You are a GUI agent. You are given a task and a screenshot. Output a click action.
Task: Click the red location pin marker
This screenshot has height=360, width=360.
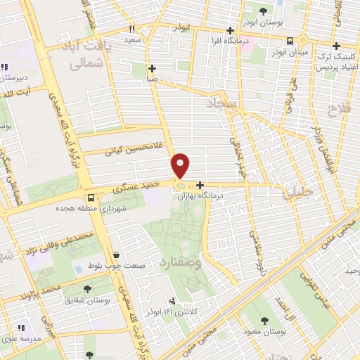(181, 165)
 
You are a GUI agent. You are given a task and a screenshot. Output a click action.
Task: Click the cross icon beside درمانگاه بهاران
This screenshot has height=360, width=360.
(201, 184)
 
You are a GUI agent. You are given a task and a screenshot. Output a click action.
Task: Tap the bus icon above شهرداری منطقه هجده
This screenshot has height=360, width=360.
(90, 198)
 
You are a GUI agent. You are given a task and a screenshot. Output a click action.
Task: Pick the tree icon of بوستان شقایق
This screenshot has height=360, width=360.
(87, 288)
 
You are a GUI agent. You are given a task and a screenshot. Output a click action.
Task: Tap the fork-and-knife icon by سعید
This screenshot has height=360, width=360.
(131, 30)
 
